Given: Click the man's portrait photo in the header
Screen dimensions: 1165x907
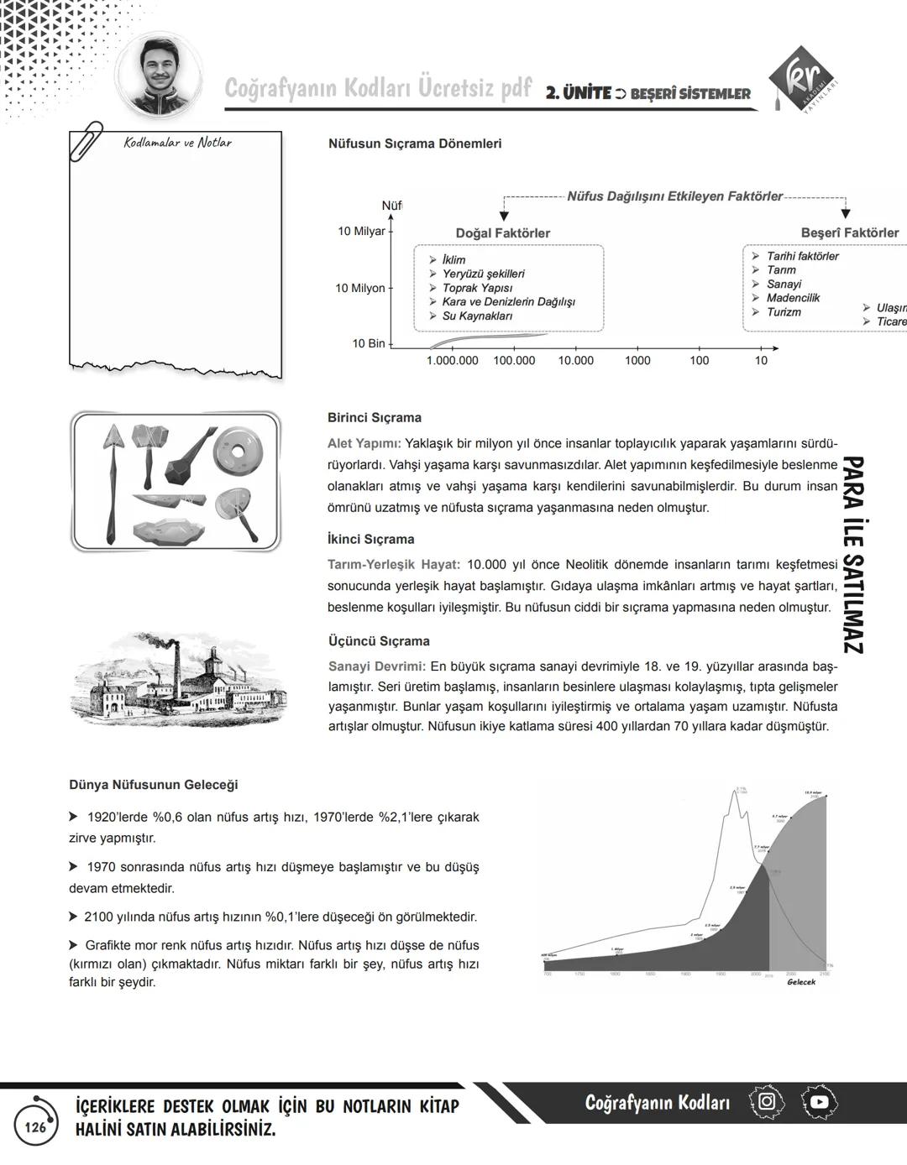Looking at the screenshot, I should coord(159,75).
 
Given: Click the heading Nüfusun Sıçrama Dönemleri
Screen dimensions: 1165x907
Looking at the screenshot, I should coord(415,144).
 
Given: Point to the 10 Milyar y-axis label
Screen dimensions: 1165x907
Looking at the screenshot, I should coord(361,231).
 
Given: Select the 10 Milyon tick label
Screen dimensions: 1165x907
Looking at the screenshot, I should coord(359,288).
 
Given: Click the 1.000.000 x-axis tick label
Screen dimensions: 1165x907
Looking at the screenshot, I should coord(452,360).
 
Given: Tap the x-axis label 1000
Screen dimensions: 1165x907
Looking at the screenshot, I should coord(637,360).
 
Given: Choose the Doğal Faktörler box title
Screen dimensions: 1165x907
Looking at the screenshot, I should coord(503,232).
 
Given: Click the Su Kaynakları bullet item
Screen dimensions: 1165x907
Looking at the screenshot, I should coord(476,316).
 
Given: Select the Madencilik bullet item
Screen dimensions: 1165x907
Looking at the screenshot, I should coord(792,298).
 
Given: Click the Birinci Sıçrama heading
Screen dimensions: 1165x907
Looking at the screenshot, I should coord(374,417).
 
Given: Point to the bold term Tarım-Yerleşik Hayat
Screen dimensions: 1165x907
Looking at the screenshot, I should coord(393,565).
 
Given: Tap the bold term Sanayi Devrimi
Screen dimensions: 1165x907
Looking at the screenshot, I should coord(376,666).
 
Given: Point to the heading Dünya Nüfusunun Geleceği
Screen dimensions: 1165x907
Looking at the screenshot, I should coord(153,785).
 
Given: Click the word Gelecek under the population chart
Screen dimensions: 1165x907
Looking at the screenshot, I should coord(800,982).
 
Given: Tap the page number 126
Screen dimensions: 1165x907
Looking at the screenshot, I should coord(35,1127).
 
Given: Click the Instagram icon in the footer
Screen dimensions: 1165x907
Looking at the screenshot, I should coord(766,1101).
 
